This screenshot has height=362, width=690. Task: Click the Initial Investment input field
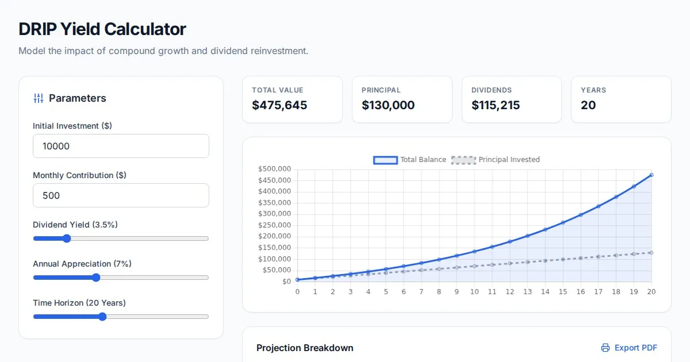121,146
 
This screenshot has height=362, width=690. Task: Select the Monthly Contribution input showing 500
121,195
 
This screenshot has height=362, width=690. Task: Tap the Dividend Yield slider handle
67,238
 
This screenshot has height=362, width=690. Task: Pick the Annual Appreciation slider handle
96,278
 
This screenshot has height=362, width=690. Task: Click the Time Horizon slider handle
102,317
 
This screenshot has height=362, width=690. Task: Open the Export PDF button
629,348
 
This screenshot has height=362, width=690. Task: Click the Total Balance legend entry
409,160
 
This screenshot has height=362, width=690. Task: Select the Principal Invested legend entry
495,160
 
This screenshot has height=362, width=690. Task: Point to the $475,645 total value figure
279,105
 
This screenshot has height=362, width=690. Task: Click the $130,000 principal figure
388,105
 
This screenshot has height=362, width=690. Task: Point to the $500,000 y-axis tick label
275,169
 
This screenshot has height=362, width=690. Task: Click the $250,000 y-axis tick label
275,225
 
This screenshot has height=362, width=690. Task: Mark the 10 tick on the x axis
474,292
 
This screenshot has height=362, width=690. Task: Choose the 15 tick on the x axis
563,292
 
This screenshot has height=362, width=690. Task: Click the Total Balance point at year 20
651,175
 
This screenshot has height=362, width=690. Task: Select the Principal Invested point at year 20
651,253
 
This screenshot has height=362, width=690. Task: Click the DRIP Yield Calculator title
102,29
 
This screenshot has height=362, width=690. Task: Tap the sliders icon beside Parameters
39,98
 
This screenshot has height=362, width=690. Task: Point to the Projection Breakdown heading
305,348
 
